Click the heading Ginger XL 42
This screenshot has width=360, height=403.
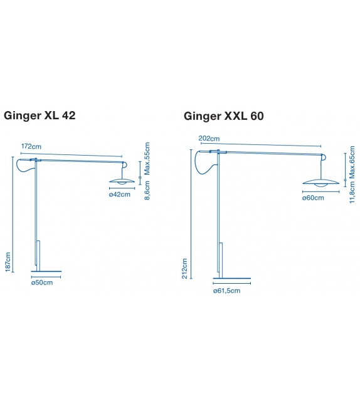click(40, 116)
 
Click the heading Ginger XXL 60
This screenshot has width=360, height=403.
click(224, 116)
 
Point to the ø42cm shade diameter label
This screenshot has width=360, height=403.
click(119, 195)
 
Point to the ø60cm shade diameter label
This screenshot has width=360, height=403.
click(313, 198)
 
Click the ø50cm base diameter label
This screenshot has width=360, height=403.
click(41, 284)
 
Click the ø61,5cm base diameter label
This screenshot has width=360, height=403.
click(226, 291)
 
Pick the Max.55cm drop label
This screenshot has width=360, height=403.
click(147, 159)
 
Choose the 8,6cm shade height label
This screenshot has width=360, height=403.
click(147, 189)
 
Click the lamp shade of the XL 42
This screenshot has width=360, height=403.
click(122, 181)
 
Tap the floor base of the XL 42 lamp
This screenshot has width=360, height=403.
click(47, 272)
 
